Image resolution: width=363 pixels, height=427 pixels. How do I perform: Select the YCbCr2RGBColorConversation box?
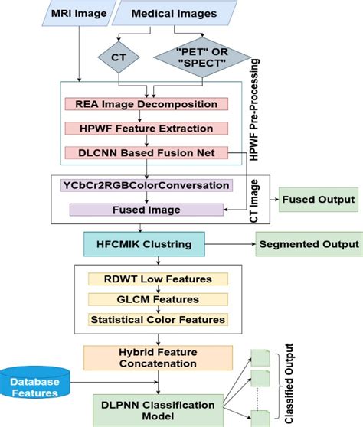(x=144, y=186)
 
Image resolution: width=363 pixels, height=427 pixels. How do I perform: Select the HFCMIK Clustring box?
(x=144, y=245)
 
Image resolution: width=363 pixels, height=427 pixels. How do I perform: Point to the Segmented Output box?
(x=309, y=245)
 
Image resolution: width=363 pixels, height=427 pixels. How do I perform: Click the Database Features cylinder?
(x=38, y=386)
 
